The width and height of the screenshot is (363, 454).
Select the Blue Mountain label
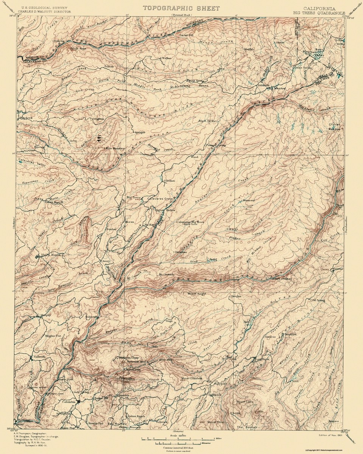[x=115, y=148]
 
